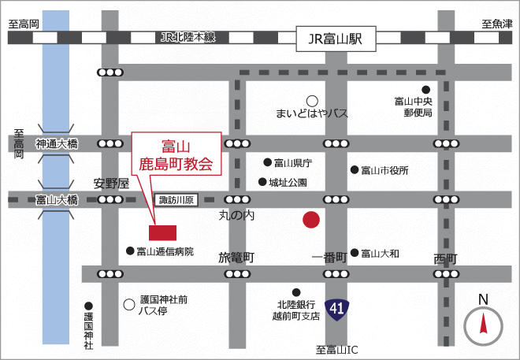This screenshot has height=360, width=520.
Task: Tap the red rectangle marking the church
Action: click(163, 232)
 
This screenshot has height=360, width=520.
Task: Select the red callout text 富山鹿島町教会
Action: click(176, 155)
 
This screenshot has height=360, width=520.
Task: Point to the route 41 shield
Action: click(339, 307)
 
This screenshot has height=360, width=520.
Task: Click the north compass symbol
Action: click(483, 323)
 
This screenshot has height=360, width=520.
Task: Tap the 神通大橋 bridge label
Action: click(57, 144)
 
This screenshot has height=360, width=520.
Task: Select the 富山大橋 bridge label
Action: click(57, 200)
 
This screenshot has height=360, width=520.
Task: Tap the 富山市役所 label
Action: click(384, 170)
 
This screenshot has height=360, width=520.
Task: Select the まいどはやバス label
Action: click(311, 113)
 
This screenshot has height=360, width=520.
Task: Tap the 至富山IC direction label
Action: click(336, 349)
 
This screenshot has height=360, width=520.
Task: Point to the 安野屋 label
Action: click(110, 183)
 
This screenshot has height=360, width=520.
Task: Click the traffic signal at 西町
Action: click(444, 274)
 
